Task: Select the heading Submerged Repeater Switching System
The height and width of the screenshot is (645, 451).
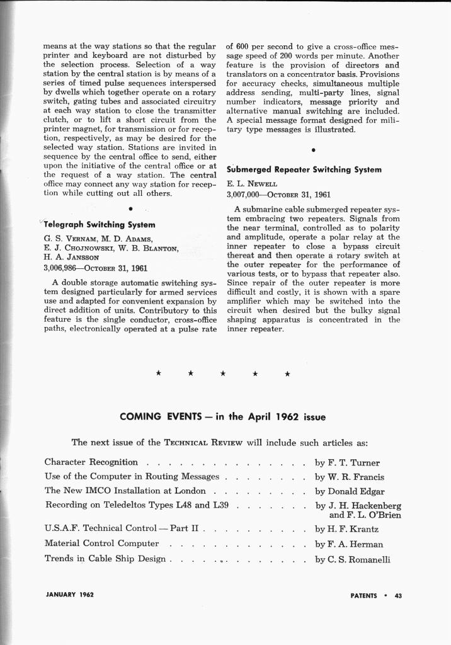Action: (304, 169)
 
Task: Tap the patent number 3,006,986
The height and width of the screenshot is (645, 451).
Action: (60, 268)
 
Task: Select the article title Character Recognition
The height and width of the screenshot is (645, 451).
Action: (91, 462)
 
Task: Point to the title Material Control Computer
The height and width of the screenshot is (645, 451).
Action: (101, 543)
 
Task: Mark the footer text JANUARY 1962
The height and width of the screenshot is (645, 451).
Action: (69, 595)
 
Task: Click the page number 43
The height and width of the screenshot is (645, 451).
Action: (398, 595)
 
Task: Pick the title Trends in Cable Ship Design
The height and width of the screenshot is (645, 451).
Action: (105, 559)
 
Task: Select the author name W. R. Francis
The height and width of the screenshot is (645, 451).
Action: (356, 477)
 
